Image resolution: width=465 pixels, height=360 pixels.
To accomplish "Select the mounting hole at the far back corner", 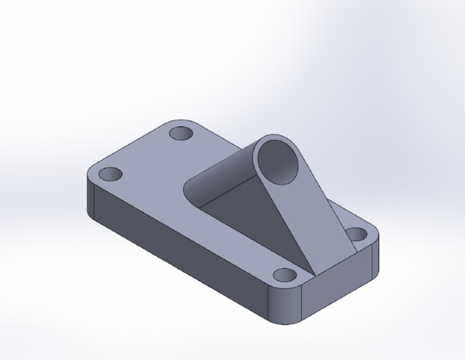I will (180, 133).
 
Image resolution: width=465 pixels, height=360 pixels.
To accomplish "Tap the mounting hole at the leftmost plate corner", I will (110, 175).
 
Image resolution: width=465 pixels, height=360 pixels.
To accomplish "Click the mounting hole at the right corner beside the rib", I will (357, 234).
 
